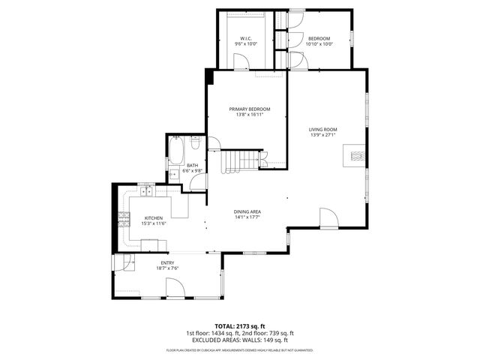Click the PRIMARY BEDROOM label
click(250, 109)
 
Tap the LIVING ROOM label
click(323, 130)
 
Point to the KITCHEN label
click(154, 219)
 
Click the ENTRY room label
click(166, 263)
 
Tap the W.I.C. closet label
click(245, 39)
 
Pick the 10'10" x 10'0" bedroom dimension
click(319, 44)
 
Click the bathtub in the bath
click(177, 151)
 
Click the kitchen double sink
click(145, 192)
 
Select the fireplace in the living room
click(357, 156)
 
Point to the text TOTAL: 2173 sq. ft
click(239, 326)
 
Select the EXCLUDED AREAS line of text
click(239, 340)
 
